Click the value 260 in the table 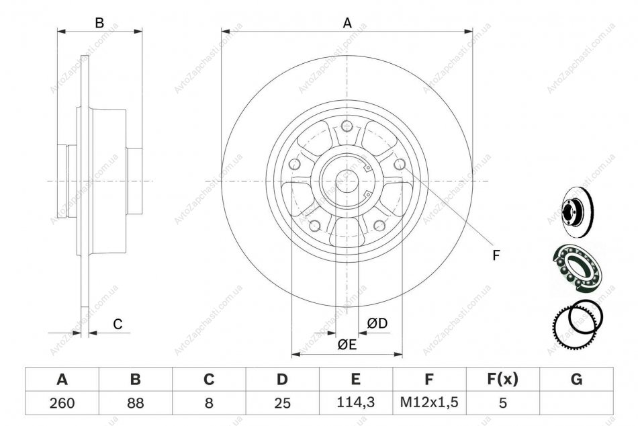[x=62, y=403]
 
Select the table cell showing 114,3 [x=356, y=402]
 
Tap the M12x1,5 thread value [x=429, y=402]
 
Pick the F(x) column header [x=503, y=379]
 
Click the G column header [x=577, y=379]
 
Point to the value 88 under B [x=136, y=403]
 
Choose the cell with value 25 [x=282, y=403]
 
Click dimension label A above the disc [x=347, y=23]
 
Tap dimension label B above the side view [x=99, y=23]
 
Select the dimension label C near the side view [x=118, y=324]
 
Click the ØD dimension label [x=377, y=323]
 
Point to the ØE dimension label [x=347, y=345]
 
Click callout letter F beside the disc [x=496, y=255]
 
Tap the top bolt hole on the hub [x=347, y=126]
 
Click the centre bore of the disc [x=347, y=181]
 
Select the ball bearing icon [x=578, y=267]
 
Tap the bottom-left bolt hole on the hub [x=314, y=225]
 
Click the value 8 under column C [x=209, y=403]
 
